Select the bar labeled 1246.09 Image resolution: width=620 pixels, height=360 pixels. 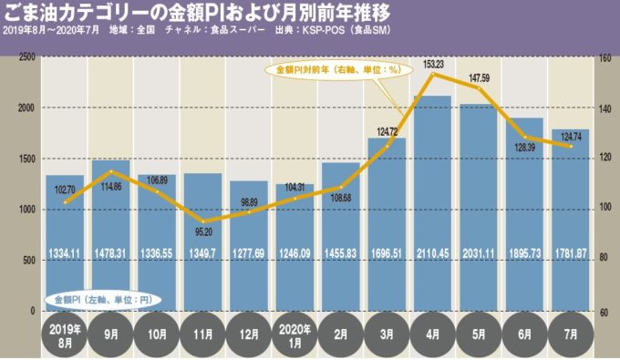point(295,247)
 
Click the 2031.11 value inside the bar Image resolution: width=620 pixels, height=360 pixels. point(479,252)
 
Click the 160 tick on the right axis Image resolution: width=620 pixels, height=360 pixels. point(604,57)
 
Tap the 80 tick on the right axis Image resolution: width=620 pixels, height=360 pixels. point(603,261)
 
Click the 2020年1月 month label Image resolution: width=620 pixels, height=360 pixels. point(295,334)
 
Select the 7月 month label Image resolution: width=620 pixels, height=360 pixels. point(570,334)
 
